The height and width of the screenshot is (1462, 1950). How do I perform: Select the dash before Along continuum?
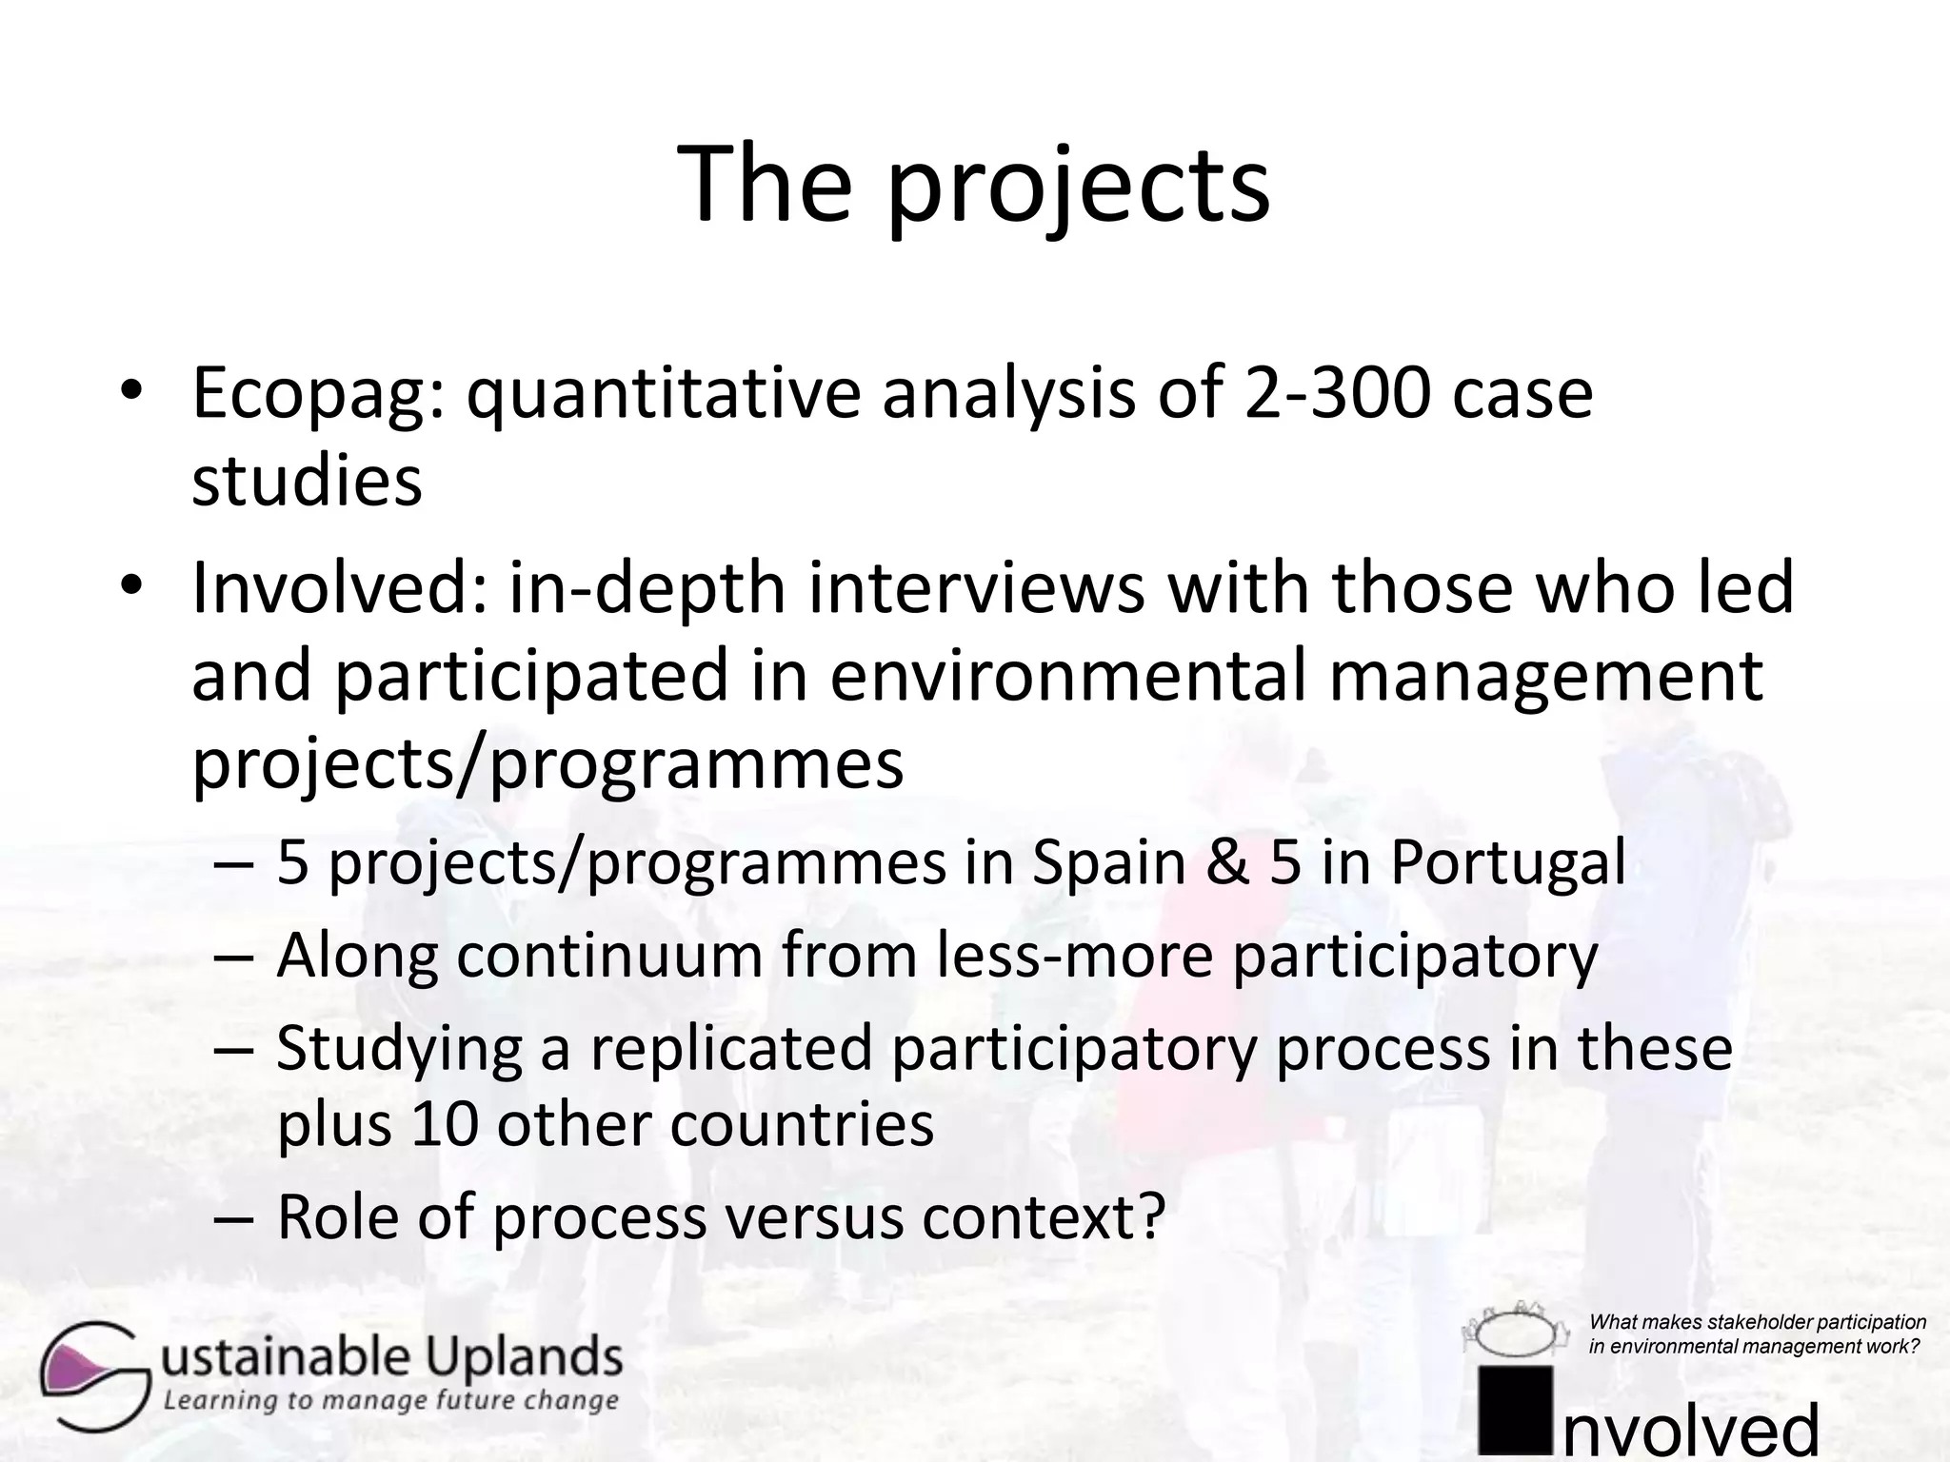(x=234, y=958)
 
